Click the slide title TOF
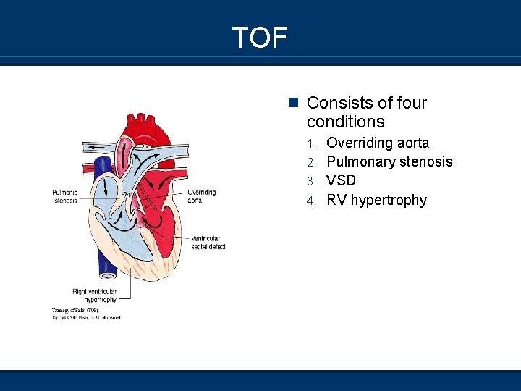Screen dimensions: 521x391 (260, 37)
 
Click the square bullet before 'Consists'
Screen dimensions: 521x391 (292, 103)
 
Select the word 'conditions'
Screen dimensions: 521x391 (345, 122)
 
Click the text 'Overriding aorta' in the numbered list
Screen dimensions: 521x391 (377, 143)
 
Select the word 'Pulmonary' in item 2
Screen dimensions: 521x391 (360, 162)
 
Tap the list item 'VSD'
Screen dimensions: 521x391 (341, 180)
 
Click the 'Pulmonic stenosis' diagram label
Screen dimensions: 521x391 (65, 196)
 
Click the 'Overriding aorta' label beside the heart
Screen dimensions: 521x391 (201, 196)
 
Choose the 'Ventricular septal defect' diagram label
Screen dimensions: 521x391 (208, 243)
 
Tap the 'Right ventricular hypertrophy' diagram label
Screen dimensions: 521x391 (95, 295)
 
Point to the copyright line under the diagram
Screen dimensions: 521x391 (85, 317)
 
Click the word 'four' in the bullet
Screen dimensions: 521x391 (411, 103)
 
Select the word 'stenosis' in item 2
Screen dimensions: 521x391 (427, 162)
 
